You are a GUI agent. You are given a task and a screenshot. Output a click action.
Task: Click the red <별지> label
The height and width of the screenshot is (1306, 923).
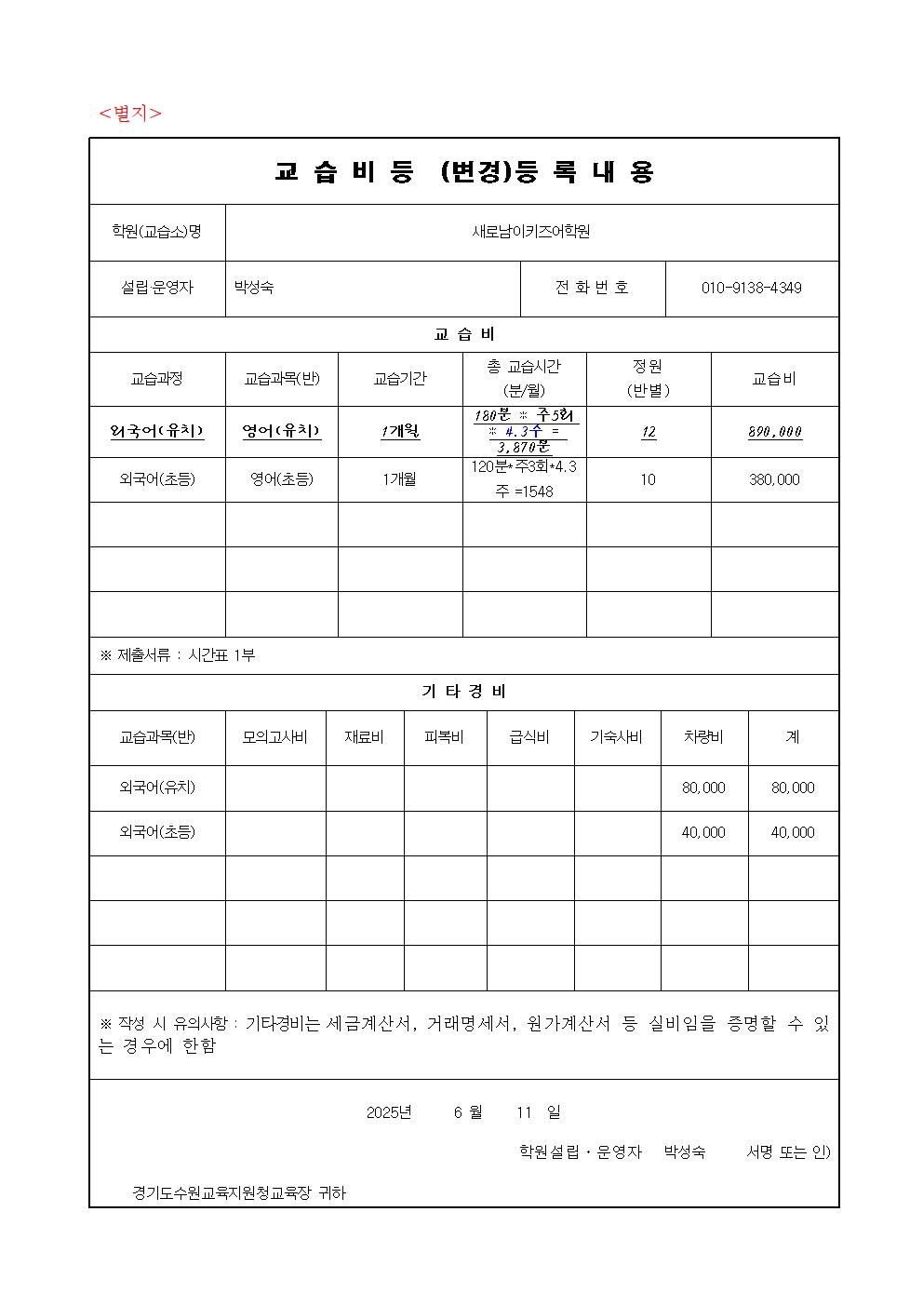pos(130,114)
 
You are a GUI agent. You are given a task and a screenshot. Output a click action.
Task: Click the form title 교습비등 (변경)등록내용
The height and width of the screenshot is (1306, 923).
pos(464,172)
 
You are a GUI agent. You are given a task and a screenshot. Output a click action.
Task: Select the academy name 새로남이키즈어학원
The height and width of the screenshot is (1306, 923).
pos(531,233)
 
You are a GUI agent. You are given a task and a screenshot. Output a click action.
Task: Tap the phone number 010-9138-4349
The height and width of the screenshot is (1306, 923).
pos(751,289)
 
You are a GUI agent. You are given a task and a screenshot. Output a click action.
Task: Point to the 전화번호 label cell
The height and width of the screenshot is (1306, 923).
pos(592,289)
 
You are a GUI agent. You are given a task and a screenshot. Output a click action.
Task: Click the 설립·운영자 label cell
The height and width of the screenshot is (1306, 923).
pos(157,289)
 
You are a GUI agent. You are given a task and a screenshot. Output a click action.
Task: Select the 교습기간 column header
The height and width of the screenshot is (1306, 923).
pos(400,379)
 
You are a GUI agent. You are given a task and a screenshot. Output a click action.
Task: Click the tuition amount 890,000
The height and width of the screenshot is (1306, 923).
pos(774,432)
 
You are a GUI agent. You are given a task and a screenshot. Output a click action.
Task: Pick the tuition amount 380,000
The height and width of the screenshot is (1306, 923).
pos(774,480)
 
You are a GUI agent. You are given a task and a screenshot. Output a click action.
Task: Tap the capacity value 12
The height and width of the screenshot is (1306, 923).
pos(649,432)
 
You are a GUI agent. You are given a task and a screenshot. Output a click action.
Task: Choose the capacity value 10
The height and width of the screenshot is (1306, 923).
pos(648,480)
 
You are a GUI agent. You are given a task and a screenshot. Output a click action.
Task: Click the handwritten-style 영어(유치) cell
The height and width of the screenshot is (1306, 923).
pos(281,431)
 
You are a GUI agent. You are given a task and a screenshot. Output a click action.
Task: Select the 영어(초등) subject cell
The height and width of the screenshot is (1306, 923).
pos(281,480)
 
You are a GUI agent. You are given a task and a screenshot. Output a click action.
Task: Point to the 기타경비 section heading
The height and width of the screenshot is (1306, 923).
pos(464,693)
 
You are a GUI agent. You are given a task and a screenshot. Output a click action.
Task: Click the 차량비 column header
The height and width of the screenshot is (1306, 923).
pos(703,737)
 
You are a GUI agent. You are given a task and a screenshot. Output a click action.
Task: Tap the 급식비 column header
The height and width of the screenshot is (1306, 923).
pos(529,737)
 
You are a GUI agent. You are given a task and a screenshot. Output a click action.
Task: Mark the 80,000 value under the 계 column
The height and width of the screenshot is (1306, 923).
pos(793,788)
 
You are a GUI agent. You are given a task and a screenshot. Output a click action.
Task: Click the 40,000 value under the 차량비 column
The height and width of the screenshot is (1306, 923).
pos(703,833)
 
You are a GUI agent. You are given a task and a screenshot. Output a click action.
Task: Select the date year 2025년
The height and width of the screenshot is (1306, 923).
pos(389,1112)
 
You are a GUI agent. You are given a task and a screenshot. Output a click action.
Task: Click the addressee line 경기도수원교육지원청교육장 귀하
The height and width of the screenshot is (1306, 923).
pos(239,1192)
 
